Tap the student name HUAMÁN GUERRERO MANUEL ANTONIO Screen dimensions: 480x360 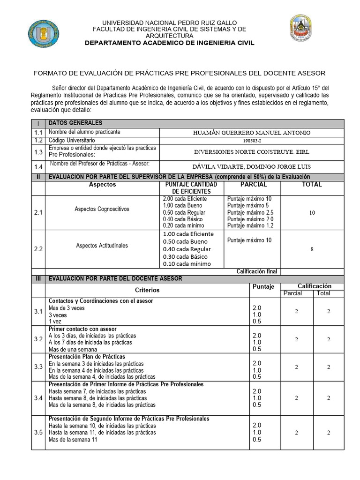coord(252,133)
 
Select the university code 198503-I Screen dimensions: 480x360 coord(252,140)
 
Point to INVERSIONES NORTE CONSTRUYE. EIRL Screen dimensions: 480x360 coord(252,152)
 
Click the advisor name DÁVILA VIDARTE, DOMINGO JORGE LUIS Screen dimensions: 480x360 coord(252,166)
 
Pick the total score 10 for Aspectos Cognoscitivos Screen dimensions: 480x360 coord(312,213)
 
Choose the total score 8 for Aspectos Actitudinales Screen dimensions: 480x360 coord(312,249)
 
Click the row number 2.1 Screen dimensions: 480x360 coord(38,213)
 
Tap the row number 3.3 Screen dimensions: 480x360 coord(38,367)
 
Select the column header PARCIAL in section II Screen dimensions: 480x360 coord(253,185)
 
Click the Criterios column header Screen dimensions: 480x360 coord(147,290)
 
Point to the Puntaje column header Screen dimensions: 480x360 coord(263,287)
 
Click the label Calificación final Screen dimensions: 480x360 coord(257,271)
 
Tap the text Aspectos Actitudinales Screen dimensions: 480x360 coord(102,245)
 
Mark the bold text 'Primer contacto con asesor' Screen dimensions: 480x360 coord(83,329)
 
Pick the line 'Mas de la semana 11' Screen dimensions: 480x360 coord(73,440)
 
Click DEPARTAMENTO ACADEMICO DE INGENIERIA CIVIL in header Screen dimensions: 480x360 coord(169,43)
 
